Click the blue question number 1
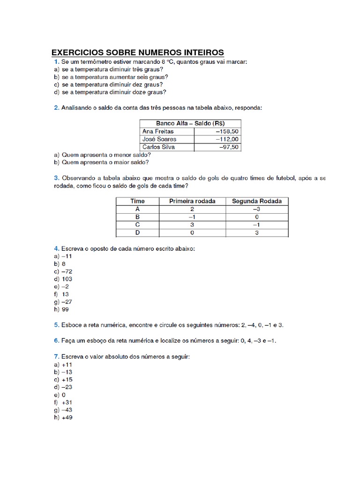[56, 62]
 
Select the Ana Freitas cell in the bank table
[157, 132]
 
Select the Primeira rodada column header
[192, 201]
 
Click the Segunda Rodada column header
[257, 201]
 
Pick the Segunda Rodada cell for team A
[257, 209]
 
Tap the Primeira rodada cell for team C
[192, 225]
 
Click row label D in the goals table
[137, 232]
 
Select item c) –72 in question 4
[63, 271]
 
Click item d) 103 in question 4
[63, 279]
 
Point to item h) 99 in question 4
[62, 309]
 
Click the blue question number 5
[56, 324]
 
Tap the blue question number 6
[56, 341]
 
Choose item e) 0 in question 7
[60, 395]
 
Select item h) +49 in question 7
[63, 418]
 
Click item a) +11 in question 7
[63, 364]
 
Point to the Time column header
[137, 201]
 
